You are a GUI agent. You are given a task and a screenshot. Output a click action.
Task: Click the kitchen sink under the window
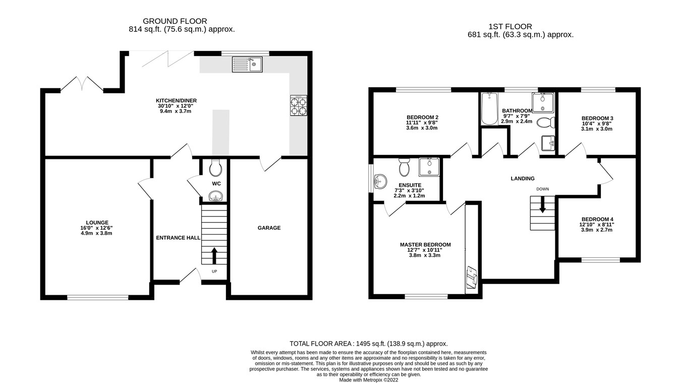pyautogui.click(x=247, y=64)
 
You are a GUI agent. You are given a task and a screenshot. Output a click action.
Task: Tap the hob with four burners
pyautogui.click(x=298, y=106)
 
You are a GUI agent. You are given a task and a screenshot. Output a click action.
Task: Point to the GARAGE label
pyautogui.click(x=269, y=228)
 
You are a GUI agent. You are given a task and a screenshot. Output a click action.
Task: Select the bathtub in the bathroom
pyautogui.click(x=489, y=108)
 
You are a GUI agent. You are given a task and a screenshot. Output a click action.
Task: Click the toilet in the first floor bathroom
pyautogui.click(x=546, y=123)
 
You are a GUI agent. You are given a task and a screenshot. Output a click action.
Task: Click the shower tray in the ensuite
pyautogui.click(x=429, y=167)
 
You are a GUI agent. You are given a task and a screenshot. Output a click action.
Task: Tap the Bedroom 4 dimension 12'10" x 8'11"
pyautogui.click(x=597, y=225)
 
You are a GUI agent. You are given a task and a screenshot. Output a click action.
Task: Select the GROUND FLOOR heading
pyautogui.click(x=175, y=21)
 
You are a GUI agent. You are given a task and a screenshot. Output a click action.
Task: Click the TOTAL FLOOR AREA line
pyautogui.click(x=369, y=343)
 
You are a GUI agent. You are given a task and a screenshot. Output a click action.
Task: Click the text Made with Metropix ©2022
pyautogui.click(x=369, y=380)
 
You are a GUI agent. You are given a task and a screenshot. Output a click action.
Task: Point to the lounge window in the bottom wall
pyautogui.click(x=98, y=298)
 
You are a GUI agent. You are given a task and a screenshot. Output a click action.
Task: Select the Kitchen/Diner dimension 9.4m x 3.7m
pyautogui.click(x=176, y=112)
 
